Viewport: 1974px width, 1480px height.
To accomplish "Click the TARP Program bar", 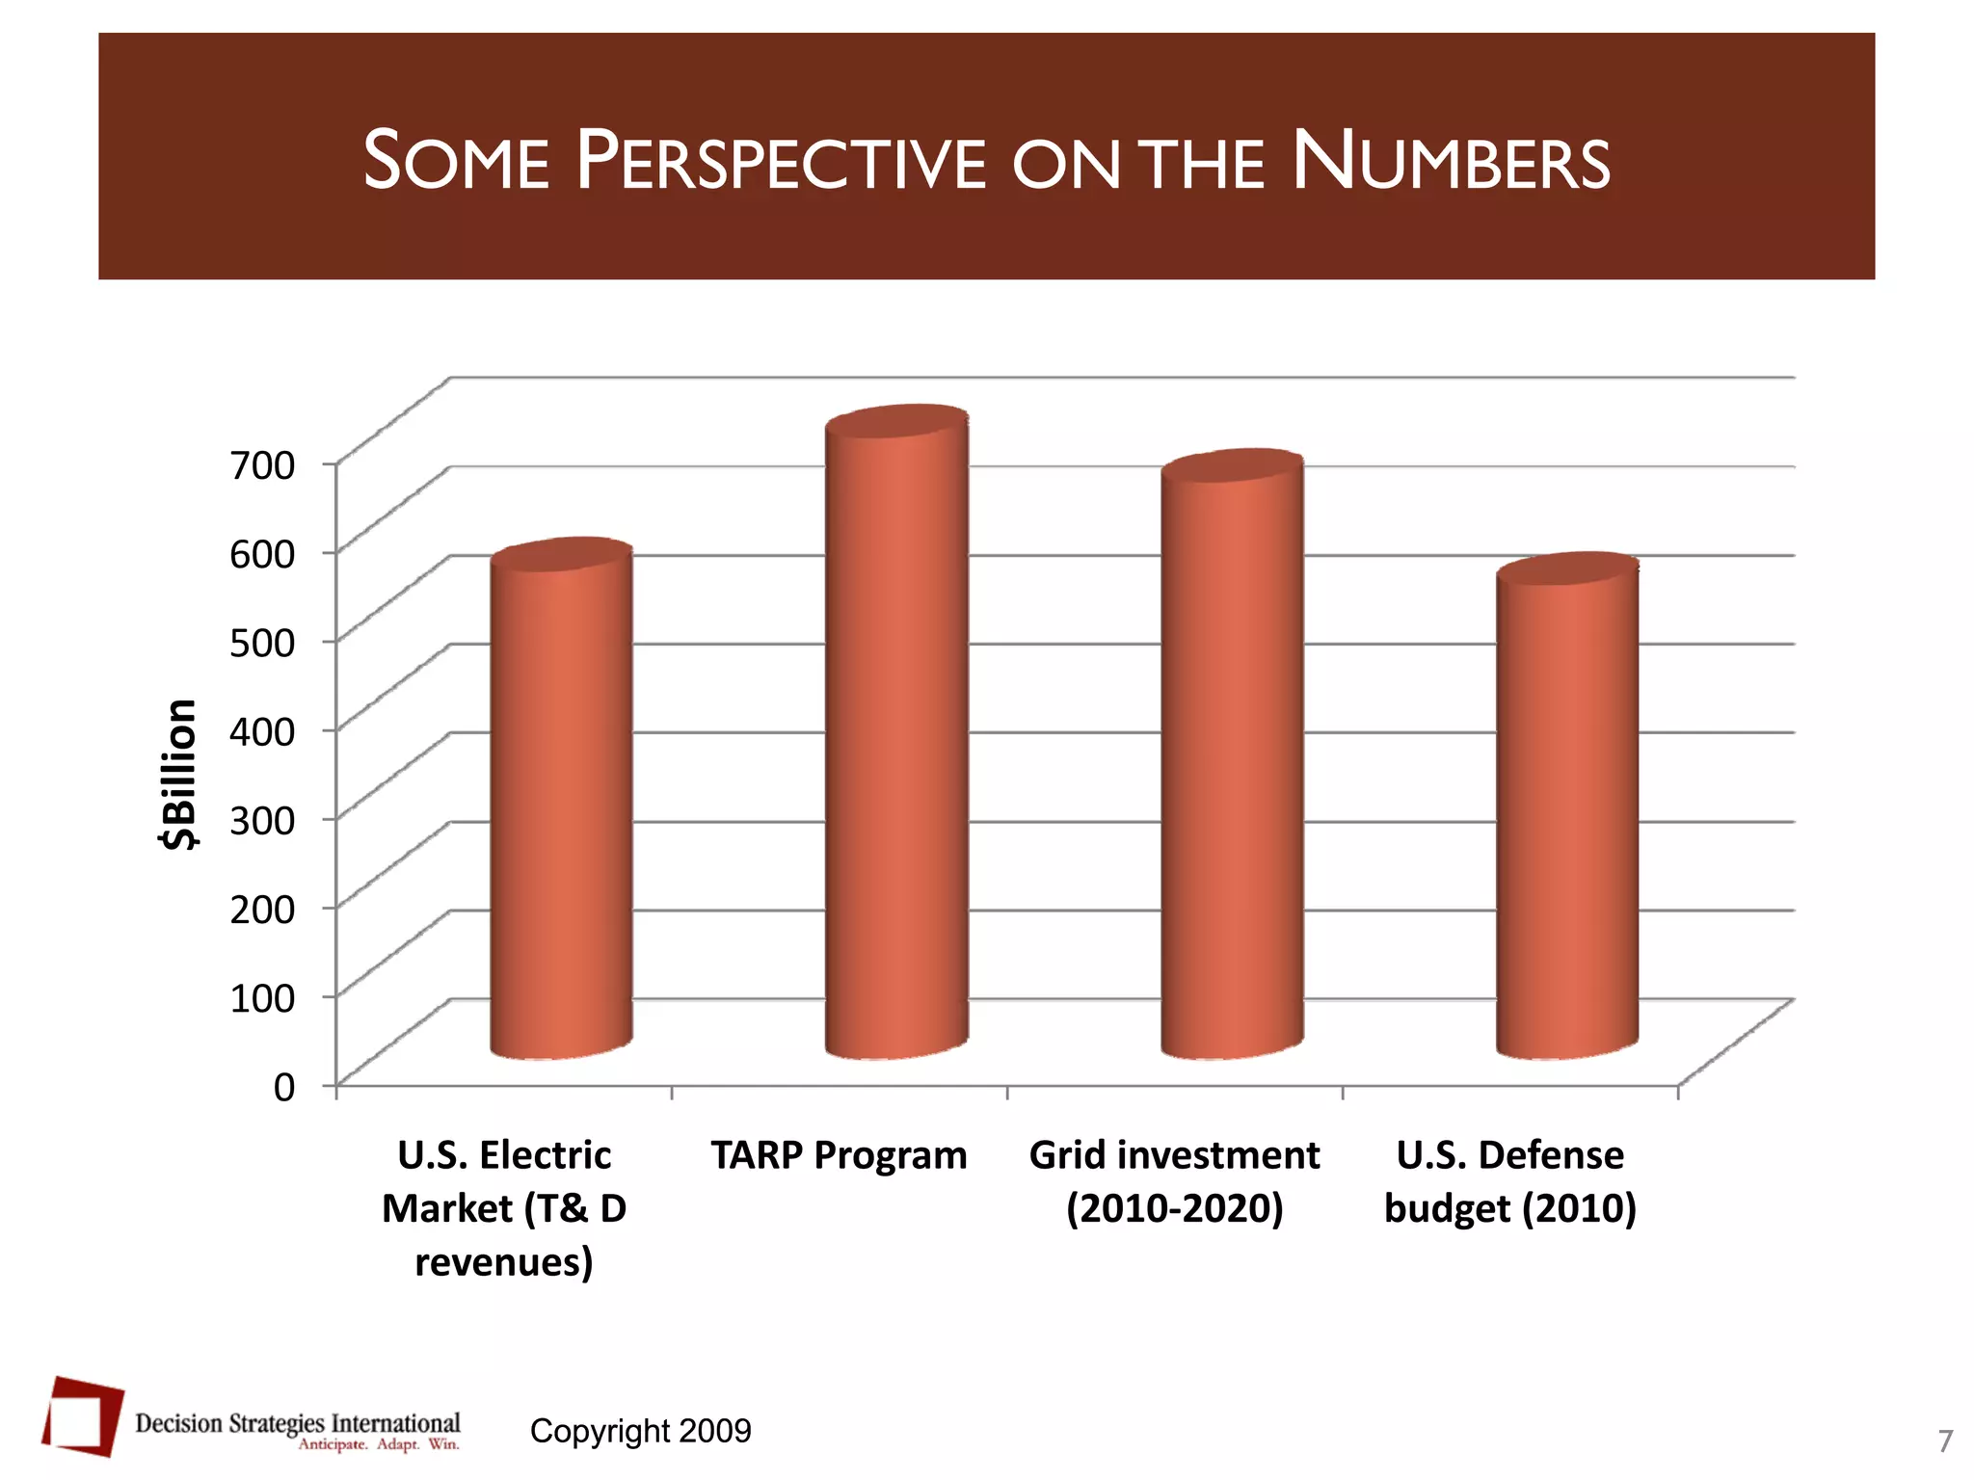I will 896,742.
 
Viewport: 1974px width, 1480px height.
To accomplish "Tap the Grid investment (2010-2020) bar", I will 1232,761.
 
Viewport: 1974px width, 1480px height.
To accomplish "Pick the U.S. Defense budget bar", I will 1566,814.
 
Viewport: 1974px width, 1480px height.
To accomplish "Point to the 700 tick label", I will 262,465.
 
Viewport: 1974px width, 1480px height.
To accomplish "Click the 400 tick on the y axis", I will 262,731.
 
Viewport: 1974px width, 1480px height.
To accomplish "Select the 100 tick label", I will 262,997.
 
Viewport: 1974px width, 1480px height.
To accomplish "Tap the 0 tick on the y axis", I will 283,1087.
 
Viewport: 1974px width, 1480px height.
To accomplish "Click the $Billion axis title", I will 179,774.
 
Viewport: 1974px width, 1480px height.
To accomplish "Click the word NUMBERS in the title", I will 1450,162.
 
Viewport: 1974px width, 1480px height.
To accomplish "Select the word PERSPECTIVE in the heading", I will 781,162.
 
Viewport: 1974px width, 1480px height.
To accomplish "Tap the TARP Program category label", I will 839,1155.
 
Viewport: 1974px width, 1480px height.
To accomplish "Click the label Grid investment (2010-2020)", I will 1174,1181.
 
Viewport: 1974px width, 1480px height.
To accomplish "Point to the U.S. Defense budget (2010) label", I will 1510,1181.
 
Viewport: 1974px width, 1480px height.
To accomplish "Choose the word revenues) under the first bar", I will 503,1261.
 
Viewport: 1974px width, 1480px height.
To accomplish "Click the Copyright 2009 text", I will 640,1431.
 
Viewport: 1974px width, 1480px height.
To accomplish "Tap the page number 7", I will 1945,1441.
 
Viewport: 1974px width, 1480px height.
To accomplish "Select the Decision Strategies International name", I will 297,1423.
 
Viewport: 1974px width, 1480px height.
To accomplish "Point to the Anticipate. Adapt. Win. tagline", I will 378,1444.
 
